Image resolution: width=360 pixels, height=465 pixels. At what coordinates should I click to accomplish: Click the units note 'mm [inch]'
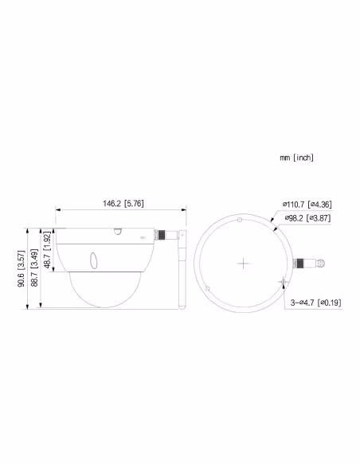[296, 158]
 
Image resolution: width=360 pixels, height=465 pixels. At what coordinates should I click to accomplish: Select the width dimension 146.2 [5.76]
[122, 204]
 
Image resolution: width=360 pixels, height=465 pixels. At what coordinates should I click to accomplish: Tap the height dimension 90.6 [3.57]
[22, 269]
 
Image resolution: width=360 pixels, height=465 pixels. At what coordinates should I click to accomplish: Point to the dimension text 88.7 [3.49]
[34, 270]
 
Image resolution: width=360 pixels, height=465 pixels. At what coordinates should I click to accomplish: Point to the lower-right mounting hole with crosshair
[281, 281]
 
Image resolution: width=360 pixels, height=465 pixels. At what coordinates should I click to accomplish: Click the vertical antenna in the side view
[181, 272]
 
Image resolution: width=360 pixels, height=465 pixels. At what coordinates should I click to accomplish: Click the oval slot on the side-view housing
[93, 260]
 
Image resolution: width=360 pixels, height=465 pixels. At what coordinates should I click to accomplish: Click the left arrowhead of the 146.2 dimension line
[57, 211]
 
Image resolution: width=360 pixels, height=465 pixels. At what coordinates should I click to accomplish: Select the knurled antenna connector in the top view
[303, 262]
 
